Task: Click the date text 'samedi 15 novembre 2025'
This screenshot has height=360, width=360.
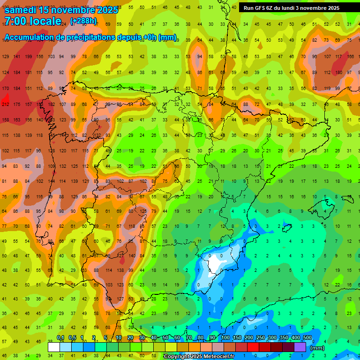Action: pos(61,10)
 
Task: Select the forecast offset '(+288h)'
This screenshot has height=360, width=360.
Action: pos(83,21)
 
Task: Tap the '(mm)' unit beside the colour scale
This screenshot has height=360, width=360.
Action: pos(317,348)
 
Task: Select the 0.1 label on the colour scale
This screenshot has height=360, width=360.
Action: pos(60,338)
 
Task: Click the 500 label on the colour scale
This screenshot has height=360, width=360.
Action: pos(307,338)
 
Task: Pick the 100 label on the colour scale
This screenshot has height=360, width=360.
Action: pos(225,338)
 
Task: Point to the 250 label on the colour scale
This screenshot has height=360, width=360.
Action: pos(260,338)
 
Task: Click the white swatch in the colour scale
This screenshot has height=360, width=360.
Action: pos(54,347)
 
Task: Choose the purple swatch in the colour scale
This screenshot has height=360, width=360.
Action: pos(300,347)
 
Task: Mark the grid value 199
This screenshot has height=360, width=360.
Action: pos(29,57)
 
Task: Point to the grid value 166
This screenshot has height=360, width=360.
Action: pos(350,57)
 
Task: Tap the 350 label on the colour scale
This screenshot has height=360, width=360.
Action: pos(284,338)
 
